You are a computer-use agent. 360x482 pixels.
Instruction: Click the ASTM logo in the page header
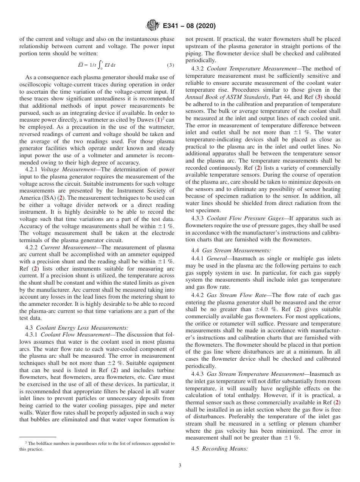click(x=153, y=26)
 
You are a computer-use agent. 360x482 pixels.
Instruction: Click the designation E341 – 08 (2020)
click(x=189, y=26)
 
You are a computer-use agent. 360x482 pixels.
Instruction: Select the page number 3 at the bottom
click(x=180, y=466)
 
